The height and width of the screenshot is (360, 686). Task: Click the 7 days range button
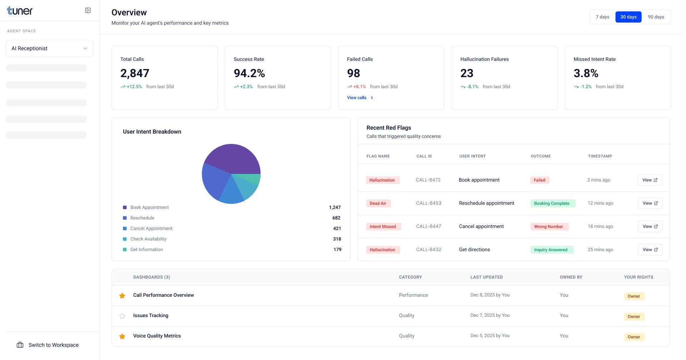(602, 17)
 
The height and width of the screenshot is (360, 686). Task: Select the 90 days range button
(656, 17)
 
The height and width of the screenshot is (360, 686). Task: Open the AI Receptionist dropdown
(50, 49)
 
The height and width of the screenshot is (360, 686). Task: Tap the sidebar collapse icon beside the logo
(88, 11)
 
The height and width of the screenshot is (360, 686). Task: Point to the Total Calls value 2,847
(135, 73)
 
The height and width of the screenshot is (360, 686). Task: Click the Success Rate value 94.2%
(249, 73)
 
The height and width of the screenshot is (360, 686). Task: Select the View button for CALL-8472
(650, 180)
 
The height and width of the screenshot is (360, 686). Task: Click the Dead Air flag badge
(378, 204)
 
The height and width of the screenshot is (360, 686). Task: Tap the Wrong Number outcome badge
(549, 227)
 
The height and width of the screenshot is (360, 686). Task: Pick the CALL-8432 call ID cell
(429, 250)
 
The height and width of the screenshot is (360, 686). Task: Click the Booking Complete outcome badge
(552, 204)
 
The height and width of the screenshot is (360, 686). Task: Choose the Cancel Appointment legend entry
(151, 229)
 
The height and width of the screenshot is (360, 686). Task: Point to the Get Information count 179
(337, 250)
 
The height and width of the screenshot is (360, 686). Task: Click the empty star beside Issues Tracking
(122, 316)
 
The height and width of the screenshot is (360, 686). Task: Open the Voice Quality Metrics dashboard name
(157, 336)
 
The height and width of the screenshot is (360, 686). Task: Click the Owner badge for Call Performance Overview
(634, 296)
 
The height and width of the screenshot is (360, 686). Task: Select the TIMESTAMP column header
(600, 156)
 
